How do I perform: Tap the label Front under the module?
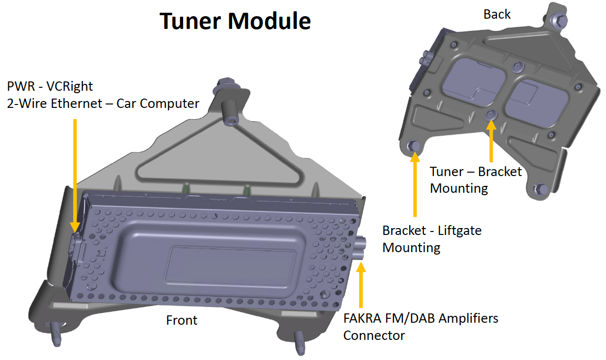tap(182, 320)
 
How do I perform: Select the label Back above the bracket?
tap(497, 15)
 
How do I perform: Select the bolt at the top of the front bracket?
tap(229, 84)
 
